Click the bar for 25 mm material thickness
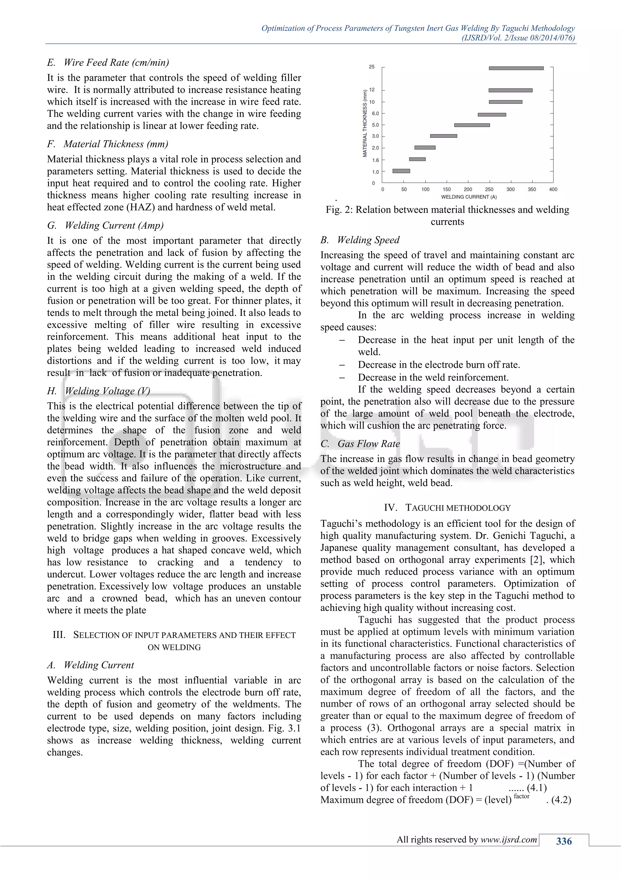point(516,68)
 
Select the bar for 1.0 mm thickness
point(401,171)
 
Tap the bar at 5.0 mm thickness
point(472,125)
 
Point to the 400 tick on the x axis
point(553,189)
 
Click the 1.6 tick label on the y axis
point(375,160)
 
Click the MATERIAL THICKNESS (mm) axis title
point(365,123)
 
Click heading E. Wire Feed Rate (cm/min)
point(108,63)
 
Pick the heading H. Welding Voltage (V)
point(99,391)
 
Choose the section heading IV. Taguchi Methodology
point(447,508)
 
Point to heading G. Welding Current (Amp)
point(105,226)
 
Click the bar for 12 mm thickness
point(510,90)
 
